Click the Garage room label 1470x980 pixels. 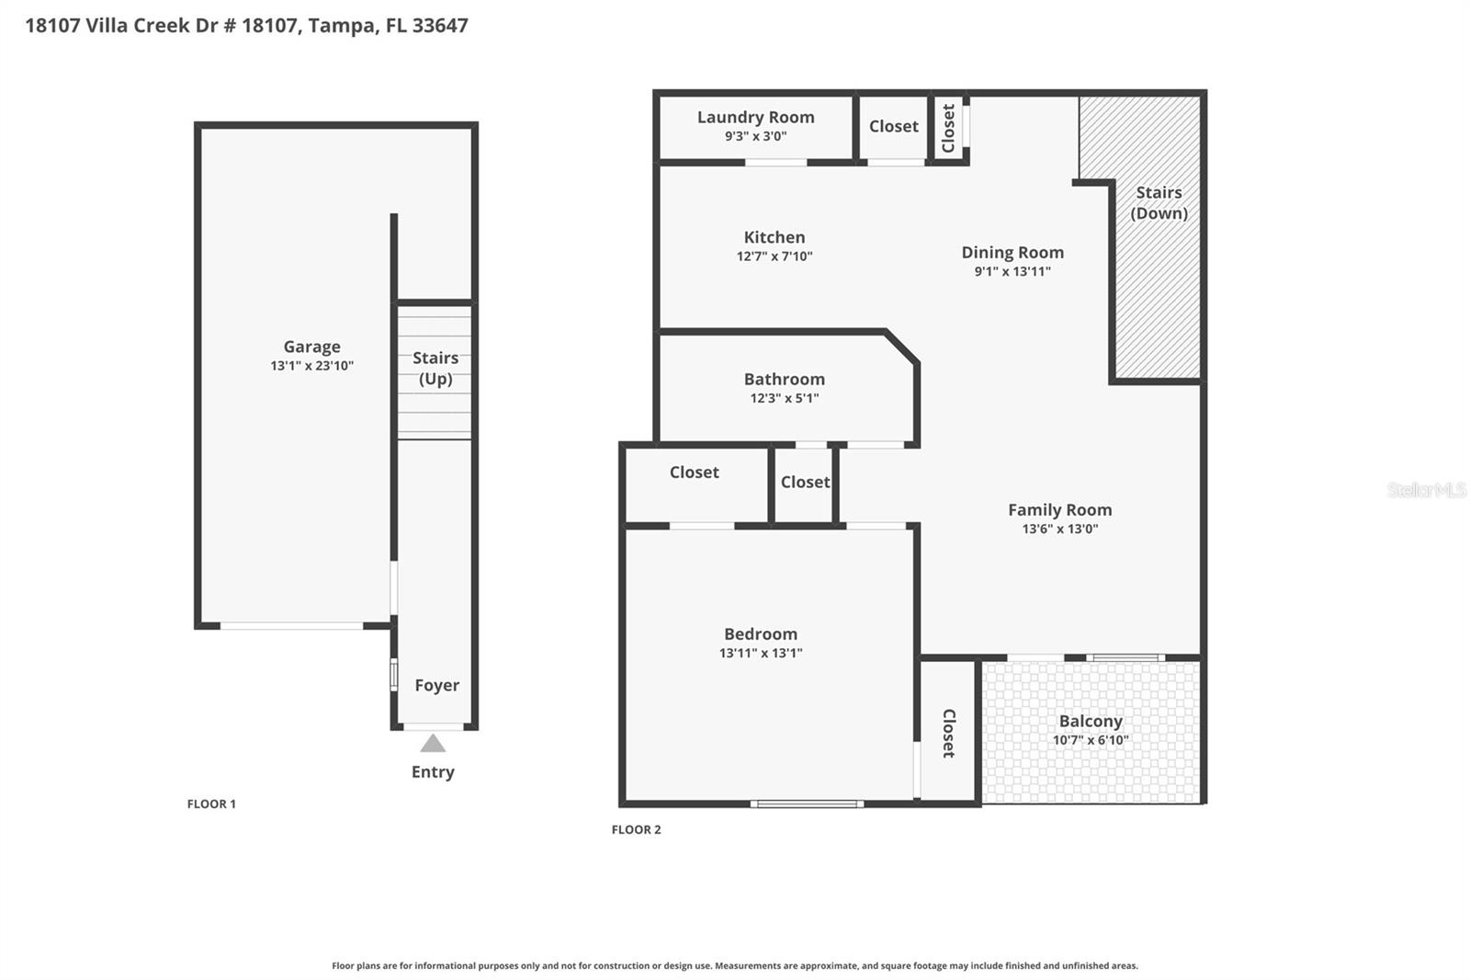311,347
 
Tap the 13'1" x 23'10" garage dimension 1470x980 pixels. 311,366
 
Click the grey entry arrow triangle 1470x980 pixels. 433,743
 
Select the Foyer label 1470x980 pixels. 436,685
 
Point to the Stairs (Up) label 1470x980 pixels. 435,368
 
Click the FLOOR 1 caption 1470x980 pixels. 211,803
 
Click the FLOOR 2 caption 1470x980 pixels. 636,829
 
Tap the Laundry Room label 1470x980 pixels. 755,117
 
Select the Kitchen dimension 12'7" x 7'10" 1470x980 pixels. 775,256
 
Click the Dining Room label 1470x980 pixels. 1012,252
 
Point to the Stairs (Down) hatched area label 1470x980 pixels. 1159,202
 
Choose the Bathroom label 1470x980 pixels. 784,379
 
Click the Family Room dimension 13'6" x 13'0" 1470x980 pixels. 1059,529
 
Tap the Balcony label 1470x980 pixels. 1091,721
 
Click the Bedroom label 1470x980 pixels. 760,633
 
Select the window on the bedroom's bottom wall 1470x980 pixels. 807,803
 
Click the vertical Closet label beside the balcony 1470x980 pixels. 948,733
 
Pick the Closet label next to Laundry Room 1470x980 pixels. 893,126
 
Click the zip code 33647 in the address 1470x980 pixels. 440,25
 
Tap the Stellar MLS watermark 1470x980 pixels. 1426,490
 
